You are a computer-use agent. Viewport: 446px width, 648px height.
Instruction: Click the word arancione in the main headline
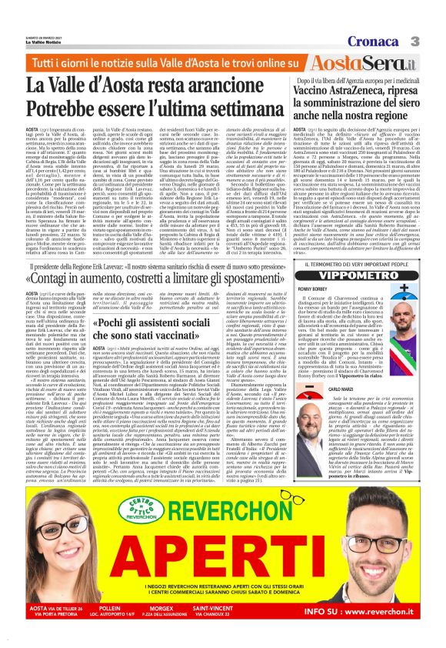click(x=190, y=85)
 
